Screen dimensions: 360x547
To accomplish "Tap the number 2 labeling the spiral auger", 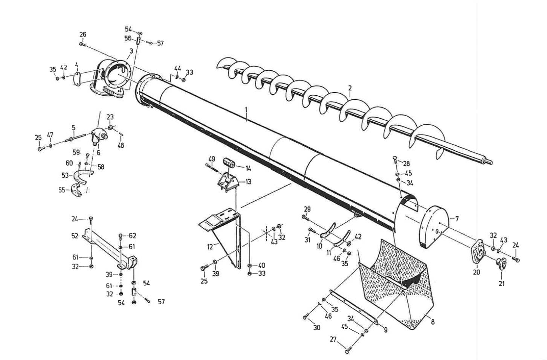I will click(x=350, y=88).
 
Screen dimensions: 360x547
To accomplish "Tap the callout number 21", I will click(x=501, y=284).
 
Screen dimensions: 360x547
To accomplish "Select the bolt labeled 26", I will click(x=83, y=44).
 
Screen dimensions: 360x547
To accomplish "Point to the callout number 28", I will click(x=406, y=164).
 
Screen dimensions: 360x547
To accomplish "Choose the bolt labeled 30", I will click(x=305, y=317).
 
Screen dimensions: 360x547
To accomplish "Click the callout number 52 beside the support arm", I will click(x=75, y=236).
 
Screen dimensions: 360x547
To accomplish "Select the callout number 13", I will click(x=248, y=182).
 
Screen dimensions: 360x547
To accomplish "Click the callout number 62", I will click(x=132, y=236).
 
